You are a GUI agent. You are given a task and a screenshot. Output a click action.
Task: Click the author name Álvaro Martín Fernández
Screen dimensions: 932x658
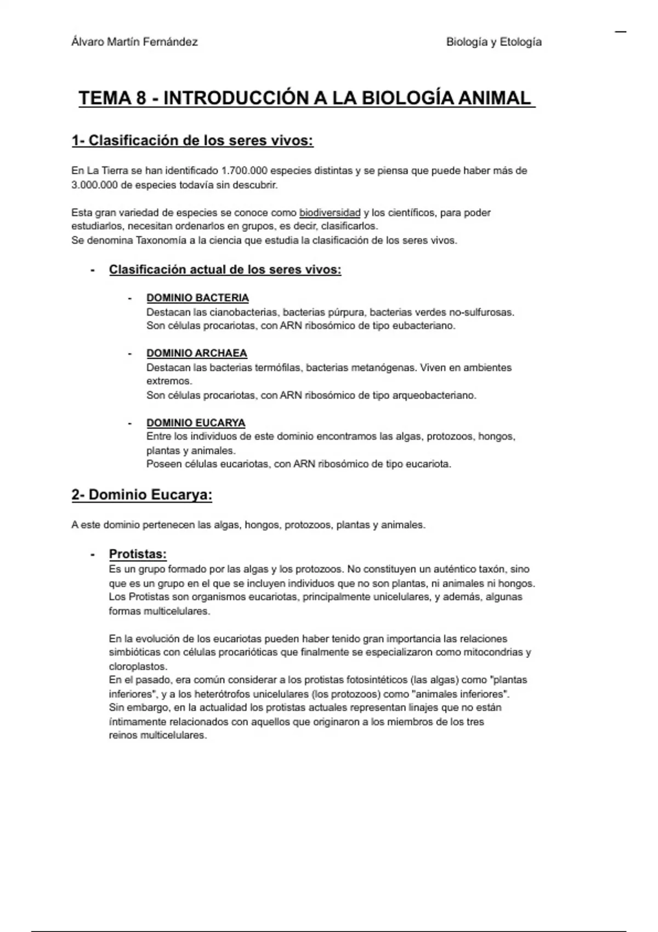[x=134, y=42]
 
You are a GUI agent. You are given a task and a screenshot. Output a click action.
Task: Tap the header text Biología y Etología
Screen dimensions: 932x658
[x=493, y=42]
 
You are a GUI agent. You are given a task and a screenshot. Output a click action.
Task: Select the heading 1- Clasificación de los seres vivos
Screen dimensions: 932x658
[x=192, y=141]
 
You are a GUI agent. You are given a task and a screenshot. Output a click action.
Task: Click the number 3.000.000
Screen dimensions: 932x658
[x=94, y=185]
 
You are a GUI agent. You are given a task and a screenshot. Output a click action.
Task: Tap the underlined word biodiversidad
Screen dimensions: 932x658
[x=330, y=213]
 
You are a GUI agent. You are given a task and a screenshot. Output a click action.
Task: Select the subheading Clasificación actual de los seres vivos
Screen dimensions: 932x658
[x=225, y=270]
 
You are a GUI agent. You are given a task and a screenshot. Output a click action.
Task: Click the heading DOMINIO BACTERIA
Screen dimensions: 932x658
[x=197, y=298]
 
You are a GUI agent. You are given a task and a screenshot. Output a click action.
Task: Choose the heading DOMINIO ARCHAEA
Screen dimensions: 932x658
[x=196, y=353]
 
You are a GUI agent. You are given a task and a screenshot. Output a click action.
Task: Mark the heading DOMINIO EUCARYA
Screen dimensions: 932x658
[x=196, y=423]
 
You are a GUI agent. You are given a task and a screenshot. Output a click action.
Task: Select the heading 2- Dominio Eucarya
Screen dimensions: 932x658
[x=141, y=495]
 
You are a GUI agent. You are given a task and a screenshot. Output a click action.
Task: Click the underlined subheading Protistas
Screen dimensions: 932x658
[x=138, y=554]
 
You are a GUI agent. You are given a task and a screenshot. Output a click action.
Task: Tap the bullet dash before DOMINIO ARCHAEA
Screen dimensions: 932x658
[x=130, y=354]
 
